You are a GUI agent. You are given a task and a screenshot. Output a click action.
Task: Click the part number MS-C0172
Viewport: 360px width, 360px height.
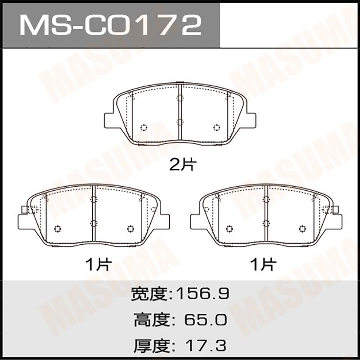pyautogui.click(x=111, y=25)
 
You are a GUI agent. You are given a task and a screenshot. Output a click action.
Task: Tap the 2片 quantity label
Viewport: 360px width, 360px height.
pyautogui.click(x=183, y=165)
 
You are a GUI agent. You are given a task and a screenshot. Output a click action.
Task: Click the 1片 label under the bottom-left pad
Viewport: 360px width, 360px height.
pyautogui.click(x=98, y=264)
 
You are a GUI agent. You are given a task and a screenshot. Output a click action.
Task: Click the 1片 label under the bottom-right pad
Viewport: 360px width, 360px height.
pyautogui.click(x=263, y=264)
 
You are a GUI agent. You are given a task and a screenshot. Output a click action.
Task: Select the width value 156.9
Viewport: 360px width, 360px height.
pyautogui.click(x=202, y=294)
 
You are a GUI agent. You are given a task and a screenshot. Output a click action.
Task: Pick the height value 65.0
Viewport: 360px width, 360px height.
pyautogui.click(x=206, y=320)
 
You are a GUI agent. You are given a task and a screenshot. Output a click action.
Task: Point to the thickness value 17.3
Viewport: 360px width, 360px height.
pyautogui.click(x=206, y=346)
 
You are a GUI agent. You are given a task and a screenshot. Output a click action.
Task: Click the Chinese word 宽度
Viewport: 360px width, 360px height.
pyautogui.click(x=148, y=294)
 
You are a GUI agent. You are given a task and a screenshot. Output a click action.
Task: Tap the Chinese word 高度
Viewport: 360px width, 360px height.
pyautogui.click(x=151, y=320)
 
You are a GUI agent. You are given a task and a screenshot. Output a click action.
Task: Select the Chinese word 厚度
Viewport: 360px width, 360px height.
pyautogui.click(x=151, y=346)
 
